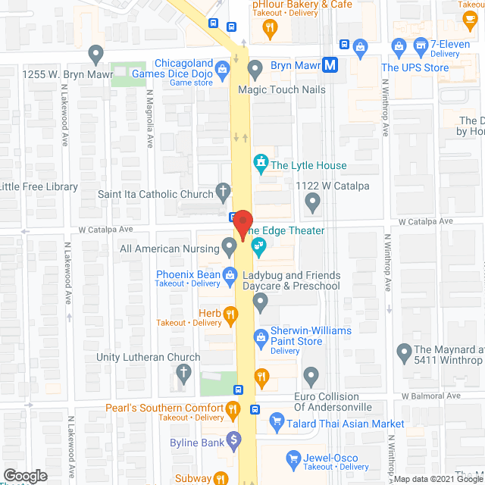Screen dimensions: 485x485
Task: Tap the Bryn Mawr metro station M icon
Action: tap(330, 66)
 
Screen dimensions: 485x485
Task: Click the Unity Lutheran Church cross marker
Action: tap(183, 372)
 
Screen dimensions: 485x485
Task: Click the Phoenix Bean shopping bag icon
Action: tap(229, 279)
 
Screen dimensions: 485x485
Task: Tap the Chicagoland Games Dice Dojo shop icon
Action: tap(222, 70)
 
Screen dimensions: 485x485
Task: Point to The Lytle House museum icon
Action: tap(261, 163)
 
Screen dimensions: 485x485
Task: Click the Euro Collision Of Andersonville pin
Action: tap(311, 376)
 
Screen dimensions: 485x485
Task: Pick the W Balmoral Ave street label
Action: tap(430, 396)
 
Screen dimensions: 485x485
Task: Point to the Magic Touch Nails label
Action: tap(281, 90)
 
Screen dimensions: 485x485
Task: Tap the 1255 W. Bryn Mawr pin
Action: tap(95, 55)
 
